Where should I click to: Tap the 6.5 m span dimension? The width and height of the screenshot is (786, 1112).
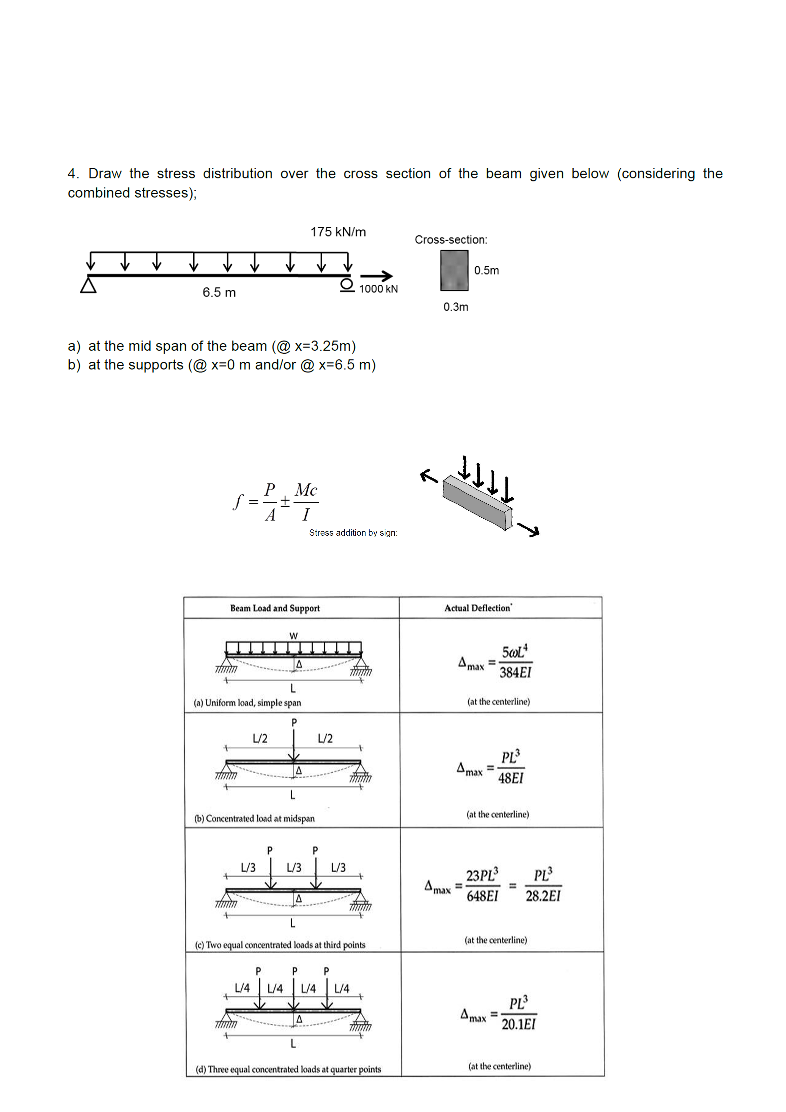[x=219, y=293]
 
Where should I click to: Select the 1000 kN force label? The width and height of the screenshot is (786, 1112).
[x=378, y=289]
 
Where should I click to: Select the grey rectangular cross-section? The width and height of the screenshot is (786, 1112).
[x=454, y=270]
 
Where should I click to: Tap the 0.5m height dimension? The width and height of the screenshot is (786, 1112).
[x=486, y=271]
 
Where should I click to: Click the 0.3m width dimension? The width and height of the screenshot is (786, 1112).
[x=456, y=307]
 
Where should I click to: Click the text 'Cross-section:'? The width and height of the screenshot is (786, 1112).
[x=451, y=240]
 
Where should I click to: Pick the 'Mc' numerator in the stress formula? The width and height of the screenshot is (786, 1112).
[x=306, y=490]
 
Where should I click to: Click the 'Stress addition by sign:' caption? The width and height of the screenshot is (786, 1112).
[x=353, y=533]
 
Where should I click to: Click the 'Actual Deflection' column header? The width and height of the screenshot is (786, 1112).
[x=478, y=608]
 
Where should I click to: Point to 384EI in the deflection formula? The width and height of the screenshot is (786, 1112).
[x=515, y=673]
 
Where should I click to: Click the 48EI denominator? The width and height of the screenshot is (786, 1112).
[x=511, y=778]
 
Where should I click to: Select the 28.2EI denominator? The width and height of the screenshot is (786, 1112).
[x=543, y=896]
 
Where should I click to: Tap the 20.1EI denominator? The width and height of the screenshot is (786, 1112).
[x=518, y=1024]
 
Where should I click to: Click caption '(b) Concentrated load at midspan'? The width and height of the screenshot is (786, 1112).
[x=254, y=818]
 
